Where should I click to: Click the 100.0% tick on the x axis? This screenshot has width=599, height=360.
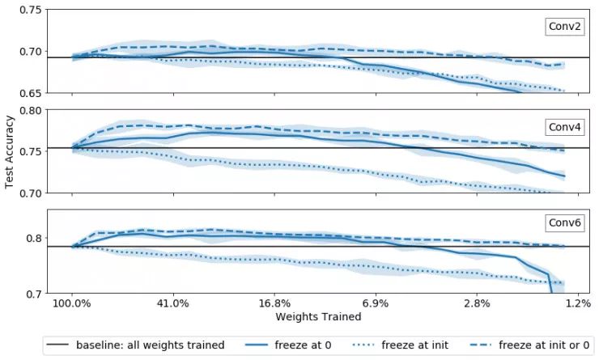pos(72,303)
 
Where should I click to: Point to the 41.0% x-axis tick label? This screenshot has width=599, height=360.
pos(173,303)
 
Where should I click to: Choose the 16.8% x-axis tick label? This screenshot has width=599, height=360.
pos(275,303)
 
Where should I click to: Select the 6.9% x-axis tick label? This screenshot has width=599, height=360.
pos(376,303)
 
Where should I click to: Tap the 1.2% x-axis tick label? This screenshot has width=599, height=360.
pos(578,303)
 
